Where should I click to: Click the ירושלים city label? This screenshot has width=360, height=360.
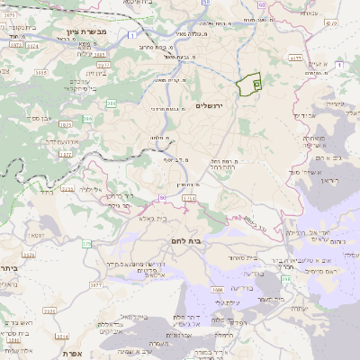[214, 105]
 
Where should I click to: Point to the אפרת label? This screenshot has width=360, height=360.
[71, 354]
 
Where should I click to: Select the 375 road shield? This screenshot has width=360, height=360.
[86, 244]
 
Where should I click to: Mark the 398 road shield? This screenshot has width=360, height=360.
[286, 280]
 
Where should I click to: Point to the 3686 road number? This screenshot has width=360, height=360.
[217, 290]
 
